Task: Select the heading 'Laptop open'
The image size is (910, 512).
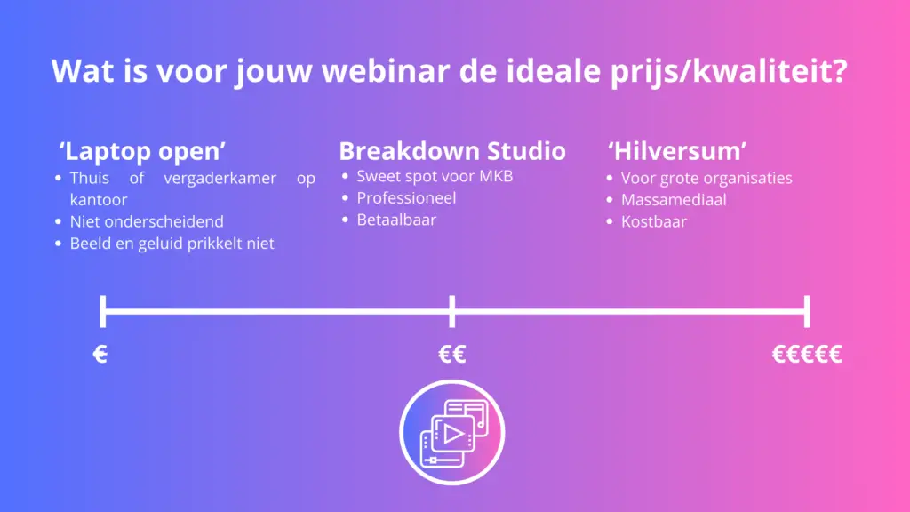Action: [142, 151]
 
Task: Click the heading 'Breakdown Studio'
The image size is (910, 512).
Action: [452, 151]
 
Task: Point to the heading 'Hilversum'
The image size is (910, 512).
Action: [677, 151]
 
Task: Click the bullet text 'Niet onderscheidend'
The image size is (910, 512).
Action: [147, 221]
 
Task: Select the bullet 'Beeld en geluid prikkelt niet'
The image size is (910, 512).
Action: [172, 244]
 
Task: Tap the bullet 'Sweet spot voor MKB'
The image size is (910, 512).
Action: [435, 176]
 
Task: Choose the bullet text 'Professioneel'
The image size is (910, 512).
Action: [406, 198]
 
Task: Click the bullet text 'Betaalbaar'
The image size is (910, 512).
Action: [396, 220]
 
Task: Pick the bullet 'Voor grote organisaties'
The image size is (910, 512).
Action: [706, 178]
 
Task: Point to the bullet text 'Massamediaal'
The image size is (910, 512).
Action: [674, 200]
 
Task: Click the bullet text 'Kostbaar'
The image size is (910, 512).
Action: [654, 221]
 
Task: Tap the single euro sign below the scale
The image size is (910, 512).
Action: [100, 354]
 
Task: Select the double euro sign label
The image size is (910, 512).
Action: [452, 354]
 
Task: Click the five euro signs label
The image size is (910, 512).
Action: [807, 354]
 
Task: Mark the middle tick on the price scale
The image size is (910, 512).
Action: [452, 312]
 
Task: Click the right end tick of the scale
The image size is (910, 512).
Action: [807, 312]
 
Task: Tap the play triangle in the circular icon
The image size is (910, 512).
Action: [453, 434]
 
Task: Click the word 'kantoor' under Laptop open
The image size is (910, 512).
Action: [99, 200]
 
